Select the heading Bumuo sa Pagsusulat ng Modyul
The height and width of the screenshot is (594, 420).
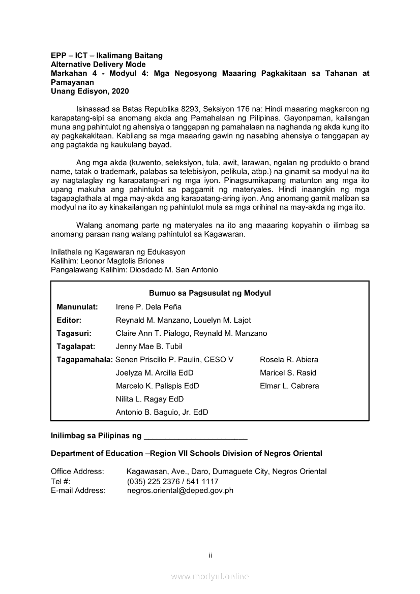click(x=209, y=293)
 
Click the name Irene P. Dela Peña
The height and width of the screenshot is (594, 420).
click(x=148, y=307)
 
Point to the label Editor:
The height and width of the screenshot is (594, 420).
click(x=69, y=320)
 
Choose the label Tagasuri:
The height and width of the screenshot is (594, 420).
click(x=74, y=333)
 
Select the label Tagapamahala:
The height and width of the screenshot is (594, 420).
click(x=85, y=360)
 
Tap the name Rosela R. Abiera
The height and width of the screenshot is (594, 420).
click(x=289, y=360)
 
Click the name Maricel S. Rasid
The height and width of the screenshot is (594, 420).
click(x=288, y=373)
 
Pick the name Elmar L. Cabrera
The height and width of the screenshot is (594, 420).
click(x=289, y=386)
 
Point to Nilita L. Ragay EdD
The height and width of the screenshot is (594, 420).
click(x=149, y=399)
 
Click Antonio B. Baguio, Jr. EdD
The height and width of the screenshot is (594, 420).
click(x=162, y=413)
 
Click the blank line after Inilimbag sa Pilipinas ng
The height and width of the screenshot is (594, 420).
click(x=196, y=436)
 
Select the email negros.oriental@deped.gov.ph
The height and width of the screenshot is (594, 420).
click(x=180, y=491)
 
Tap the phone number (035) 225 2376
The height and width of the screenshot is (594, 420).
click(x=152, y=482)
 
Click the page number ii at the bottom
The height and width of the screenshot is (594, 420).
click(x=210, y=555)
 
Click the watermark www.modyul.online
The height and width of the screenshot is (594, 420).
click(x=210, y=577)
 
